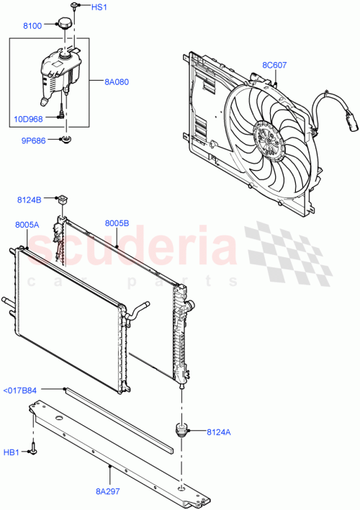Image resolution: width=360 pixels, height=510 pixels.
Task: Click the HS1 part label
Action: pyautogui.click(x=99, y=7)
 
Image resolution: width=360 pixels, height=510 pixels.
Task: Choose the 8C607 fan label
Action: pyautogui.click(x=274, y=66)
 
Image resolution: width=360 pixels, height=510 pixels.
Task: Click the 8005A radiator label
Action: pyautogui.click(x=27, y=225)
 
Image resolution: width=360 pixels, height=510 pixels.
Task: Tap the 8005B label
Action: pyautogui.click(x=117, y=225)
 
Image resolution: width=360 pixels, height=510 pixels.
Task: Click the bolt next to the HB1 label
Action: pyautogui.click(x=34, y=452)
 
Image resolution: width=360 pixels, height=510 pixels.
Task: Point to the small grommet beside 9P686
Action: pyautogui.click(x=66, y=139)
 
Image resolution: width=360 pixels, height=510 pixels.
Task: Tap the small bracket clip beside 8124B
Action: pyautogui.click(x=63, y=198)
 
